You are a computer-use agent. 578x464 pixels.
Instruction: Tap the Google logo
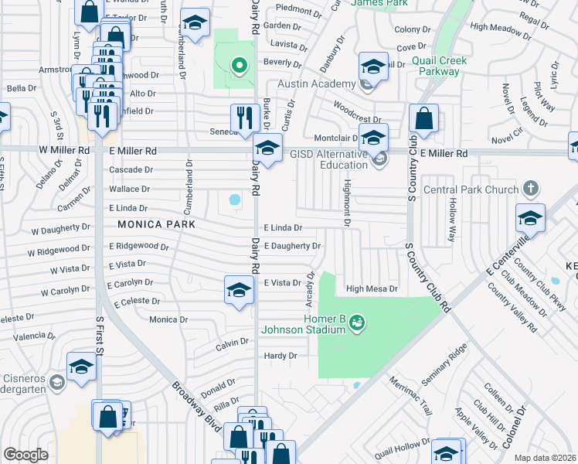25,455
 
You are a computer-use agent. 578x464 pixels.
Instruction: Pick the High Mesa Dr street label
372,289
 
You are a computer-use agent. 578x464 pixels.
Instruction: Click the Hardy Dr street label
280,356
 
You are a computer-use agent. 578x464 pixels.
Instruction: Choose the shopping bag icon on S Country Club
423,119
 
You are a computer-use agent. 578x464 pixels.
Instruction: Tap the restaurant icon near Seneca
245,118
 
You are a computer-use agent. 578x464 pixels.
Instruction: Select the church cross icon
530,188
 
